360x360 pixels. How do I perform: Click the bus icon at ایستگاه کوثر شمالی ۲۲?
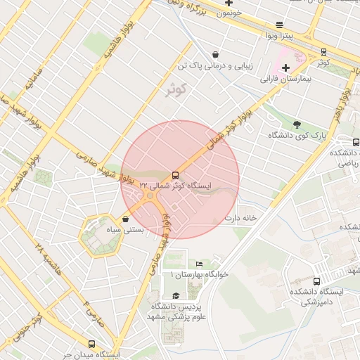174,174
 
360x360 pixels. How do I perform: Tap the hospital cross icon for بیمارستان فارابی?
285,67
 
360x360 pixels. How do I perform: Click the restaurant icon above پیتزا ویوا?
280,23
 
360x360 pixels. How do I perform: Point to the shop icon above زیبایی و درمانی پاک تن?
215,54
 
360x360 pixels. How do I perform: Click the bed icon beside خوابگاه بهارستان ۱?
200,264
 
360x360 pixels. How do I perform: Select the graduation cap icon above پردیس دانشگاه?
175,296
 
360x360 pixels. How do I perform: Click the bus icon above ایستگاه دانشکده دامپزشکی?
317,281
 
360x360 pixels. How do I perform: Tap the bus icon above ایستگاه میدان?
92,344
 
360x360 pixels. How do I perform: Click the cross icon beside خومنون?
229,4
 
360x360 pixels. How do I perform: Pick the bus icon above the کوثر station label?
323,51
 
